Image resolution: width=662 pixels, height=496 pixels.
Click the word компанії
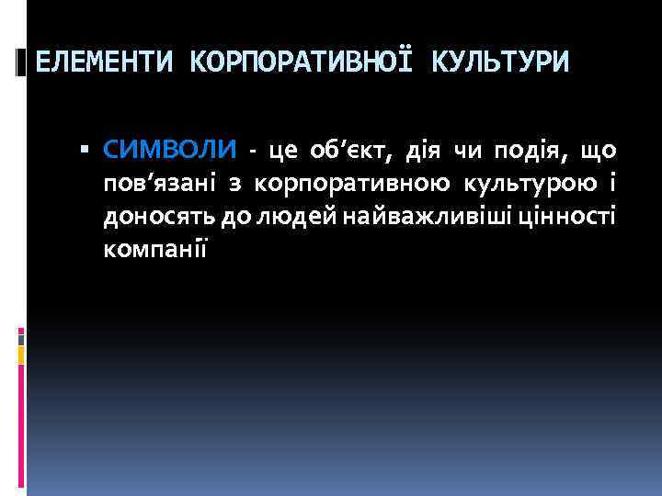point(155,248)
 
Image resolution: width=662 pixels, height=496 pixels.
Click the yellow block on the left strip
point(21,354)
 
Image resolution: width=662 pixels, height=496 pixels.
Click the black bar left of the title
point(21,62)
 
